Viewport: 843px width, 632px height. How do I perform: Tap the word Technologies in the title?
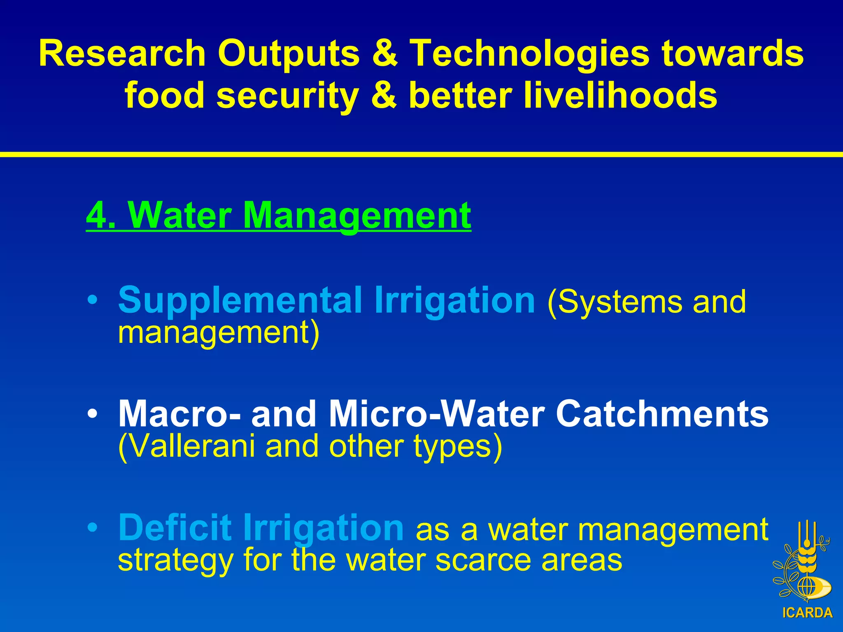[530, 53]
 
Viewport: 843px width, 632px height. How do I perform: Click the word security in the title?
[288, 95]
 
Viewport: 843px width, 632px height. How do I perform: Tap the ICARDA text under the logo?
[807, 613]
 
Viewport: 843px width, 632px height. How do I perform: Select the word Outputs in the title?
[289, 53]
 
